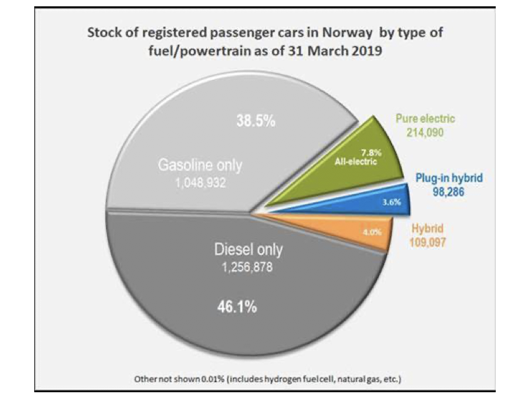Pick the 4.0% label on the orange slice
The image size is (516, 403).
(x=371, y=233)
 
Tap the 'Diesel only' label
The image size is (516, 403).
(x=248, y=250)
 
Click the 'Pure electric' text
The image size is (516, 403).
(x=425, y=118)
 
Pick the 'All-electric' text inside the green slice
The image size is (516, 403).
(x=356, y=162)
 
